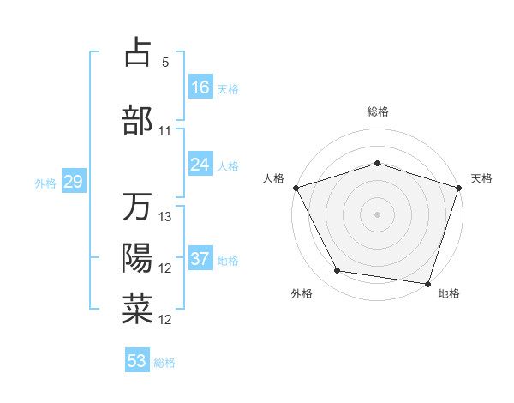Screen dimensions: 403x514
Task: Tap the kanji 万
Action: pyautogui.click(x=137, y=207)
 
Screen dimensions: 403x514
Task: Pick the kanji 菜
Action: pyautogui.click(x=137, y=310)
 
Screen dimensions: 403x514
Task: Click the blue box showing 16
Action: pyautogui.click(x=200, y=87)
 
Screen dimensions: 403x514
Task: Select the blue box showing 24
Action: pyautogui.click(x=200, y=164)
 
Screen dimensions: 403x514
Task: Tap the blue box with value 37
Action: pyautogui.click(x=200, y=259)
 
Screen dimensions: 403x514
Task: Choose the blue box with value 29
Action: pyautogui.click(x=73, y=182)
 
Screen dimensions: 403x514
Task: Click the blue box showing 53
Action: pyautogui.click(x=137, y=361)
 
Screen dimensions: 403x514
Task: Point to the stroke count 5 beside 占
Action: pyautogui.click(x=165, y=63)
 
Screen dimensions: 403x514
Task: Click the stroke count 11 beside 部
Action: pyautogui.click(x=165, y=131)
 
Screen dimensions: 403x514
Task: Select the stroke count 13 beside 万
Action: pyautogui.click(x=165, y=217)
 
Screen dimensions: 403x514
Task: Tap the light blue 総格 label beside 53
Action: pyautogui.click(x=164, y=363)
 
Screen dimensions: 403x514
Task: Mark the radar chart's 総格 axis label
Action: pyautogui.click(x=377, y=111)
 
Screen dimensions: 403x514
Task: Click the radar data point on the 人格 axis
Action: pyautogui.click(x=296, y=187)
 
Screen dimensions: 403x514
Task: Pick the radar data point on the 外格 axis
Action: pyautogui.click(x=338, y=271)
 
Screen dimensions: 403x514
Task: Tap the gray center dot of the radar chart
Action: pyautogui.click(x=377, y=214)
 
